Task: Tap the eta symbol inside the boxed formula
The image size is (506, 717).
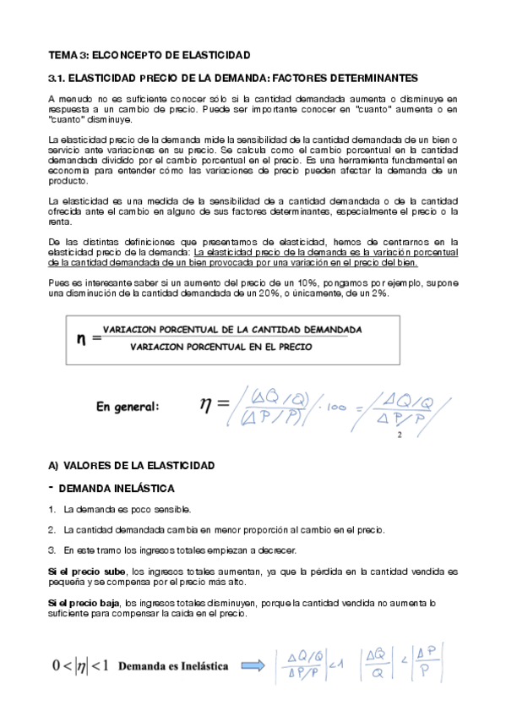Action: click(x=82, y=338)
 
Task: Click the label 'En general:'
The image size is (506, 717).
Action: click(x=128, y=407)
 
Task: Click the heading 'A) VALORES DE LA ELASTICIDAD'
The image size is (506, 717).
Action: click(x=132, y=466)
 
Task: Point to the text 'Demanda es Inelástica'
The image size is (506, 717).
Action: click(x=173, y=666)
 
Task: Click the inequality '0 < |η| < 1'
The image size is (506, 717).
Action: click(x=79, y=666)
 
